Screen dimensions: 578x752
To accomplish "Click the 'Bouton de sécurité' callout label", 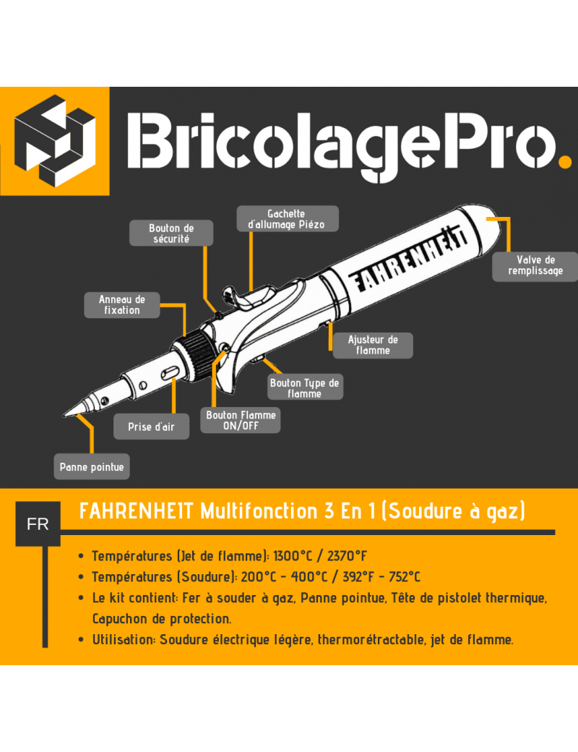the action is click(x=171, y=233).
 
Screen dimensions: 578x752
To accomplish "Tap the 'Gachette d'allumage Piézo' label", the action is click(x=288, y=219).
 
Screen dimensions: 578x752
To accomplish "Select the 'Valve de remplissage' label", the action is click(x=535, y=266).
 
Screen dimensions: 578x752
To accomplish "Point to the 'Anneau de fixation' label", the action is click(x=121, y=305).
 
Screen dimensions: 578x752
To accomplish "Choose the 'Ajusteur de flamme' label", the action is click(x=372, y=346).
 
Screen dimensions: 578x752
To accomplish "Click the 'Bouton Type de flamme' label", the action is click(x=305, y=387).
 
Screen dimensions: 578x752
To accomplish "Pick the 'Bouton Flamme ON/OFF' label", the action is click(x=240, y=421).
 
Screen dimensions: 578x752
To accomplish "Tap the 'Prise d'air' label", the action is click(x=152, y=427).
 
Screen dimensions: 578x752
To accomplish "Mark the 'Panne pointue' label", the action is click(x=92, y=466).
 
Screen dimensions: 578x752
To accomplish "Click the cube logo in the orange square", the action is click(x=55, y=140).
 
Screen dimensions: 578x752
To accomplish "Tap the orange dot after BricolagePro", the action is click(x=565, y=161).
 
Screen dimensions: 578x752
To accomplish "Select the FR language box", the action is click(x=38, y=524).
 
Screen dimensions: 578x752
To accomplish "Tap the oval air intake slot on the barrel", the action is click(x=170, y=373).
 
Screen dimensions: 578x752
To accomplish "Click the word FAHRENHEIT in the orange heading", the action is click(x=136, y=511).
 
